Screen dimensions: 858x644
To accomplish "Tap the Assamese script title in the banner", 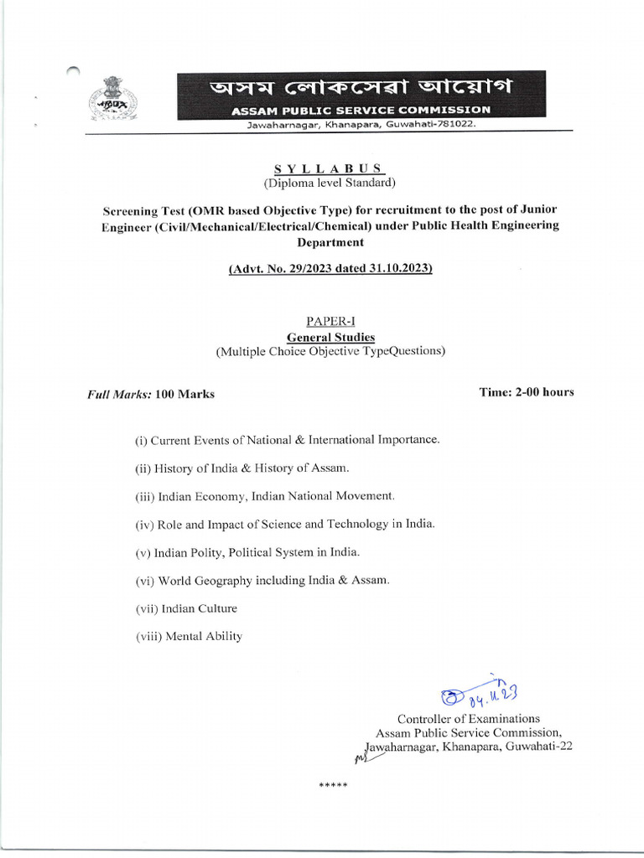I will [361, 87].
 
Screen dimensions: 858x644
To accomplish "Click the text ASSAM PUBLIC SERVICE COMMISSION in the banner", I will [361, 110].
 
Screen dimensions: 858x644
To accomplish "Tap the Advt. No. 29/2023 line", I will [330, 269].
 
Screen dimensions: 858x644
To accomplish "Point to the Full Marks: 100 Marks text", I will [151, 394].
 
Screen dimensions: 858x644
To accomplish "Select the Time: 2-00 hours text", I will [526, 392].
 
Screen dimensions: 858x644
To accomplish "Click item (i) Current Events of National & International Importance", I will [287, 439].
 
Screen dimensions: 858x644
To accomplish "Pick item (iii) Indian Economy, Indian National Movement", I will [264, 496].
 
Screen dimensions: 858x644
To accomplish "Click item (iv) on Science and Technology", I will [285, 524].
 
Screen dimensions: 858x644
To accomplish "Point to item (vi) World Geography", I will [262, 580].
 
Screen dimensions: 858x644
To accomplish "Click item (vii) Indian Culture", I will [186, 608].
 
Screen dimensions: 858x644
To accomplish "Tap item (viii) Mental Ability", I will [189, 636].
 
